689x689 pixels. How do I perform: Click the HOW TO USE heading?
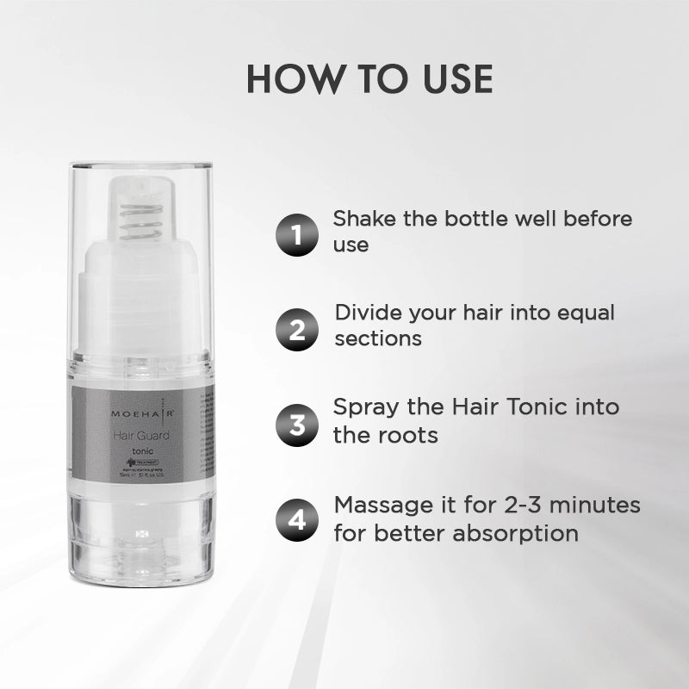369,78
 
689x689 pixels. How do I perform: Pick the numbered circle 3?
296,425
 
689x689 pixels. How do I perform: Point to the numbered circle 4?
296,521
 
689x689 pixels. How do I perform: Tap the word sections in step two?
378,338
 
